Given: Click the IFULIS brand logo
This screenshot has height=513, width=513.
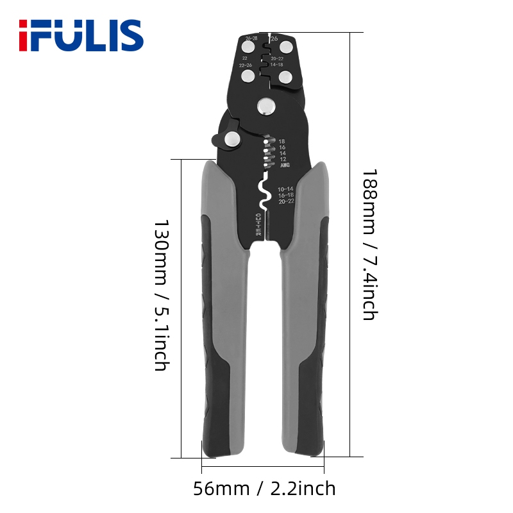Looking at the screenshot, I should (80, 35).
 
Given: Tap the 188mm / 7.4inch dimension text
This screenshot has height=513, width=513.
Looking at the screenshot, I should (371, 244).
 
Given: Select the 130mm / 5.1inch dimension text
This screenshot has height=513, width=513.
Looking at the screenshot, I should (161, 296).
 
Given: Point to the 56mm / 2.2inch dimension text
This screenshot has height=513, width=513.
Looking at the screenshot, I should (264, 489).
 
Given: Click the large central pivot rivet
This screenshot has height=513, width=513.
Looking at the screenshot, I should (264, 106).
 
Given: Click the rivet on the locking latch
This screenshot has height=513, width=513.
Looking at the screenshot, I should (231, 139).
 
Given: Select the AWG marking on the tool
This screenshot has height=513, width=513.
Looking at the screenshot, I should (285, 165).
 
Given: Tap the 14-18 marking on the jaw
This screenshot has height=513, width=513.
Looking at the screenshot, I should (276, 65).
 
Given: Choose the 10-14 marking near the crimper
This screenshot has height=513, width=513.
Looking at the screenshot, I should (286, 189).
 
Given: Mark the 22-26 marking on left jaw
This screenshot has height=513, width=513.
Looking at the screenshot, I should (245, 65).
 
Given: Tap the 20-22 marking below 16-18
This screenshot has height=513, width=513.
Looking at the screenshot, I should (286, 201).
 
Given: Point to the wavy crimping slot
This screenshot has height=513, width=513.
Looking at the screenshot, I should (263, 192).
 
